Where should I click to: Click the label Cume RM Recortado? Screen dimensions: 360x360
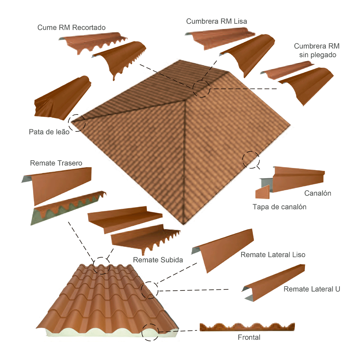click(x=71, y=28)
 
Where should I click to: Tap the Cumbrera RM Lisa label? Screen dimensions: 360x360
click(x=216, y=21)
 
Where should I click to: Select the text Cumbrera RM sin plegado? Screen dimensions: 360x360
click(x=317, y=50)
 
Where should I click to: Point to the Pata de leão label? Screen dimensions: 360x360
click(x=49, y=132)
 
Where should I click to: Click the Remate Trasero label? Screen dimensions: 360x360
click(x=56, y=163)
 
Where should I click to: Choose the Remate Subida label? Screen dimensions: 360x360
click(x=158, y=260)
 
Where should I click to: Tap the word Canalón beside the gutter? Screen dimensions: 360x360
click(x=318, y=193)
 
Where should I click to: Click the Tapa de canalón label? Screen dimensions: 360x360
click(x=279, y=207)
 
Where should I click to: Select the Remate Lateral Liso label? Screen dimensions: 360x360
click(x=273, y=255)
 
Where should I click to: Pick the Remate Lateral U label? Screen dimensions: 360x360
click(x=312, y=289)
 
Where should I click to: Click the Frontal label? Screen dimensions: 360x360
click(x=249, y=337)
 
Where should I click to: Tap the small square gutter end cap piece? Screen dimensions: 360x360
click(x=262, y=192)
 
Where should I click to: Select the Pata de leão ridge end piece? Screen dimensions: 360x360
click(x=62, y=99)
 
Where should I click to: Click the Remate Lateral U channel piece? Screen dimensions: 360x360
click(x=273, y=283)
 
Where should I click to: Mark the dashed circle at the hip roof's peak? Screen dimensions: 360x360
click(x=201, y=89)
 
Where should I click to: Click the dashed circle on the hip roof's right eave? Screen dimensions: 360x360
click(x=251, y=160)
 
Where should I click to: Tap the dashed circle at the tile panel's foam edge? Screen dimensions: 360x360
click(x=150, y=332)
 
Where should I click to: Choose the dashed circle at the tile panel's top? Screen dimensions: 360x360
click(x=101, y=266)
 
